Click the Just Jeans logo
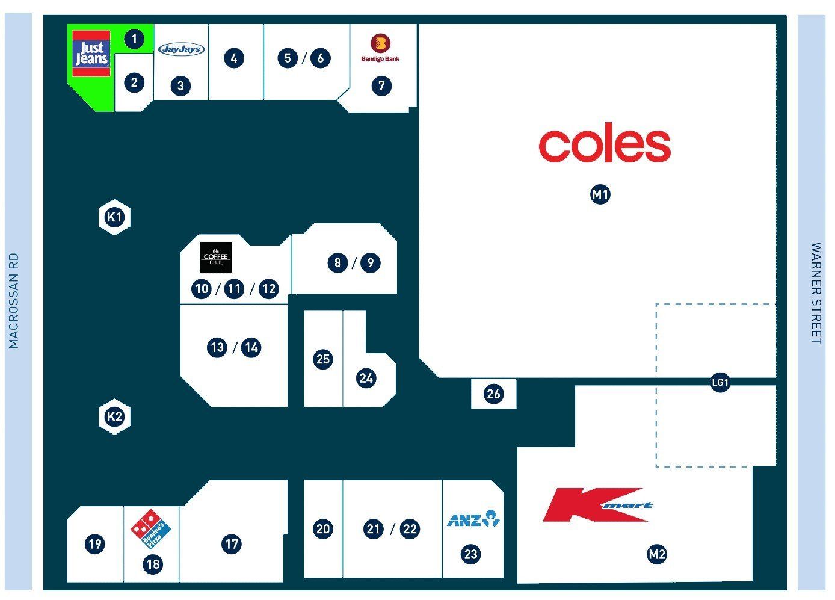click(91, 54)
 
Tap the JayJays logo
click(182, 49)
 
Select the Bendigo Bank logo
click(380, 48)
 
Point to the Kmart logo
click(597, 505)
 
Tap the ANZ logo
click(473, 519)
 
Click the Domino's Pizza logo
click(150, 529)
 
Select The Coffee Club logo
click(215, 258)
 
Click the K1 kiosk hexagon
click(114, 217)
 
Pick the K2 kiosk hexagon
click(114, 416)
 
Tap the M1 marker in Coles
click(600, 194)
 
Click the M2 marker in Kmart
click(657, 554)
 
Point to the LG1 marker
click(720, 382)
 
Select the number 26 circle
click(493, 394)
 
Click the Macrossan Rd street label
click(14, 300)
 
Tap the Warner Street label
click(816, 293)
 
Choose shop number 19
click(94, 544)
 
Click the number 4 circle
click(234, 58)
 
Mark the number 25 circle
click(323, 359)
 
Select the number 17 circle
click(232, 544)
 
